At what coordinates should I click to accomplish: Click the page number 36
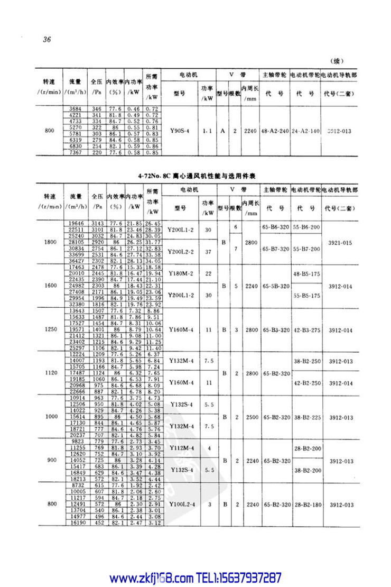pyautogui.click(x=46, y=40)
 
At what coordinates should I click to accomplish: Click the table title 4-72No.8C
pyautogui.click(x=196, y=175)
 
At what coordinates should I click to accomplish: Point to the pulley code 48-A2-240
pyautogui.click(x=275, y=130)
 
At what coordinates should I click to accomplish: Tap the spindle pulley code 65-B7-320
pyautogui.click(x=275, y=249)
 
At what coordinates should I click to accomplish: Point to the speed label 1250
pyautogui.click(x=51, y=329)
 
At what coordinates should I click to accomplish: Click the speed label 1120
pyautogui.click(x=51, y=373)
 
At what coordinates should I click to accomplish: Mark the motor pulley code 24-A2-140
pyautogui.click(x=305, y=130)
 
